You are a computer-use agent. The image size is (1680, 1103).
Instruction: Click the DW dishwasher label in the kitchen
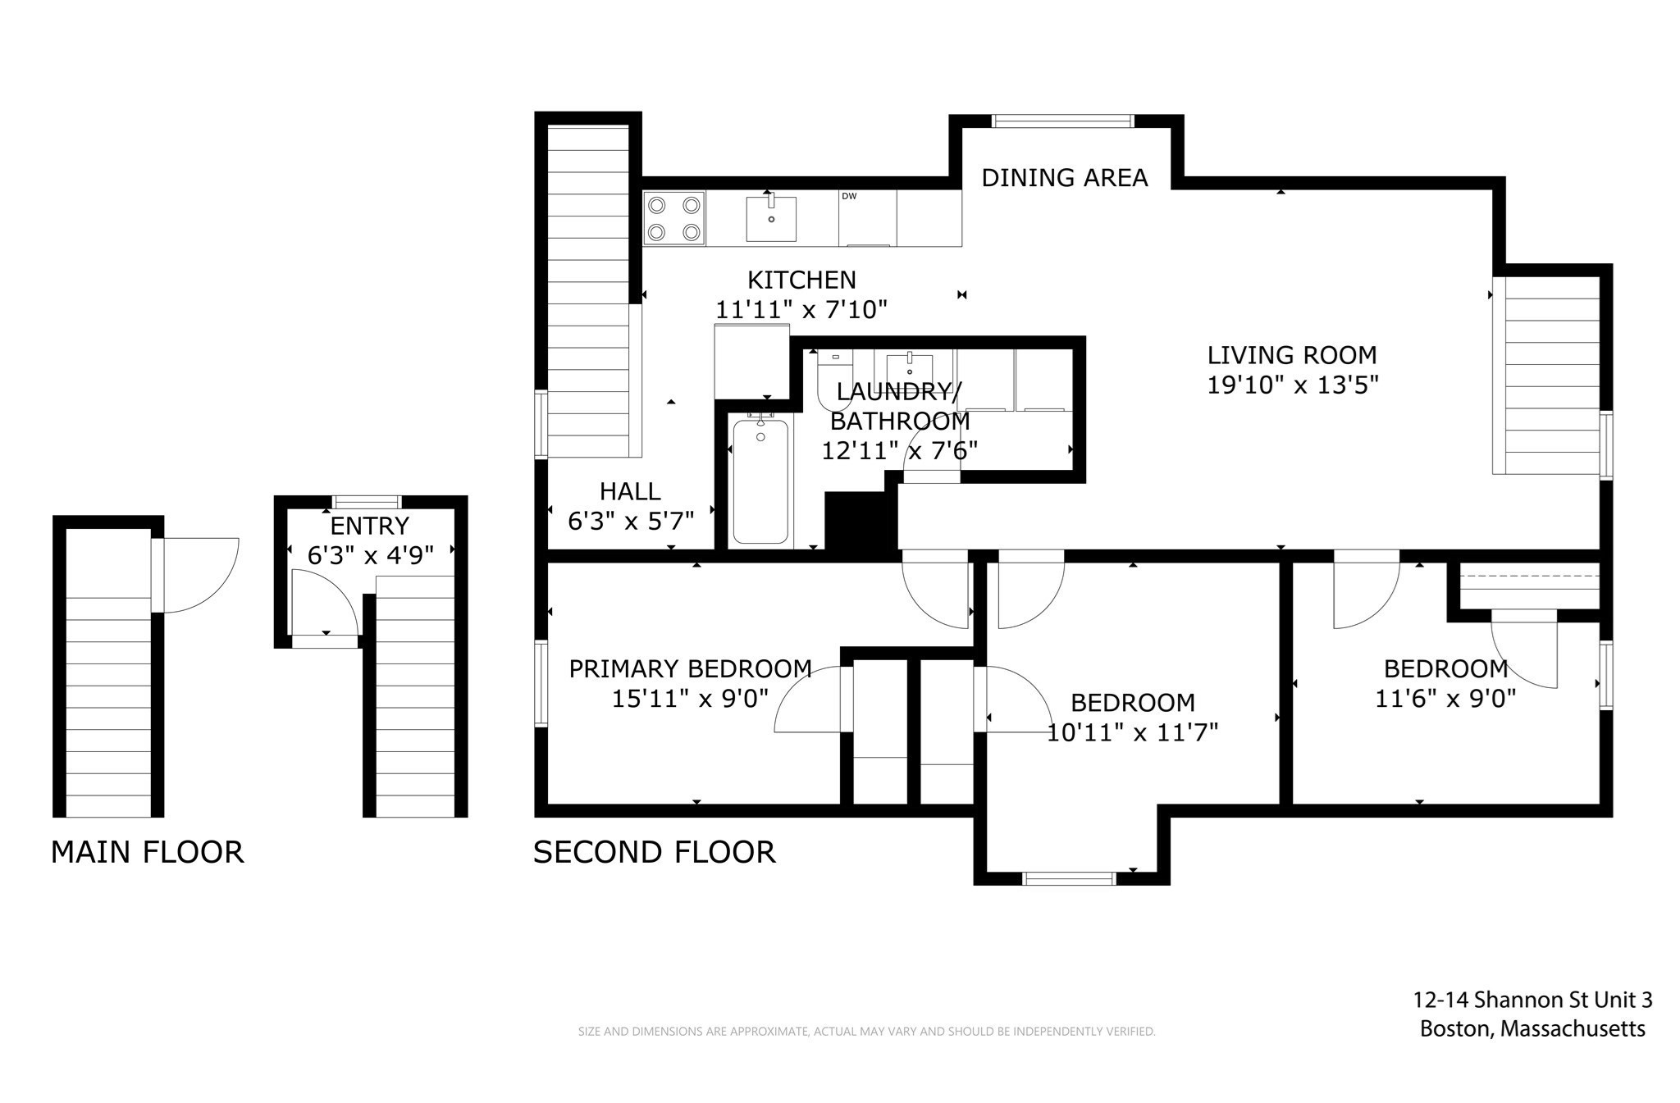click(x=849, y=196)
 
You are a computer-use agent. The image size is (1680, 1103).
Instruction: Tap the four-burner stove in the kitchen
click(x=673, y=218)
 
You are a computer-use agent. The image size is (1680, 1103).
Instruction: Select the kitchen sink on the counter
click(x=770, y=219)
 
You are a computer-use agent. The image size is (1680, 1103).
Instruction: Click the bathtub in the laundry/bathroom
click(x=760, y=481)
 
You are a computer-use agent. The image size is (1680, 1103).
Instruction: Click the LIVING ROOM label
click(x=1291, y=355)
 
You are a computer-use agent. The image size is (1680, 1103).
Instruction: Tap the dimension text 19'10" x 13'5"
click(x=1292, y=385)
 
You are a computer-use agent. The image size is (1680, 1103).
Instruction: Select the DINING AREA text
click(x=1064, y=178)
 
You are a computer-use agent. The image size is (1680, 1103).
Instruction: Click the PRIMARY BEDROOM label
click(x=690, y=669)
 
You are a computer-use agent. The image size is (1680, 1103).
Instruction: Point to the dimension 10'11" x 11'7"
click(x=1132, y=732)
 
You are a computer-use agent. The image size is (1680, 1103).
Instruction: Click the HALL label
click(x=629, y=491)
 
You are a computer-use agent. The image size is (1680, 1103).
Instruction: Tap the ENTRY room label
click(x=369, y=526)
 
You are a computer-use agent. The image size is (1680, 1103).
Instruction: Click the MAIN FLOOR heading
click(x=147, y=852)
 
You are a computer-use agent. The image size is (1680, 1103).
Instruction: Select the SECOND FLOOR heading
click(x=654, y=852)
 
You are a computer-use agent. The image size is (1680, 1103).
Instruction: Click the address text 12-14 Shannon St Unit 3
click(x=1532, y=1000)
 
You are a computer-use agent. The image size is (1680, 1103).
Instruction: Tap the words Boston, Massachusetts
click(x=1532, y=1029)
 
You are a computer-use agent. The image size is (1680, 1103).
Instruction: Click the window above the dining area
click(x=1062, y=121)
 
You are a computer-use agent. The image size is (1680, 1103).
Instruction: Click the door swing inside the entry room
click(x=324, y=603)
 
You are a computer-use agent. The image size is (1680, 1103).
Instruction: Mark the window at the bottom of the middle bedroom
click(x=1069, y=879)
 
